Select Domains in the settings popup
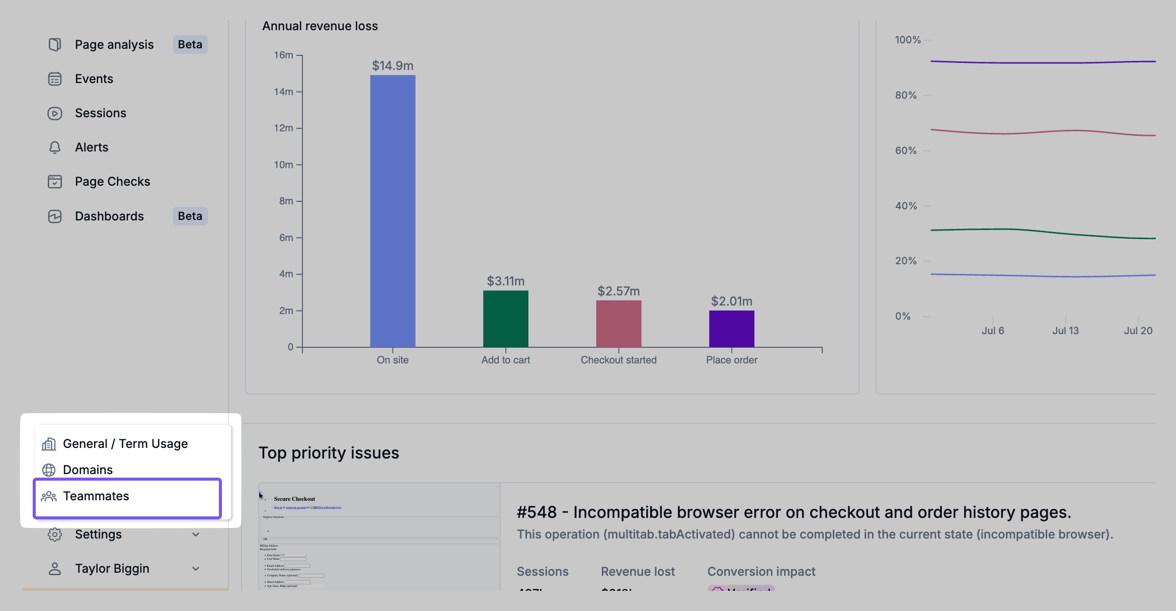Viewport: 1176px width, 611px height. pyautogui.click(x=88, y=470)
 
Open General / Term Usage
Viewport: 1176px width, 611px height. pyautogui.click(x=125, y=444)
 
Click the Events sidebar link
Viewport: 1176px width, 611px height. pyautogui.click(x=94, y=79)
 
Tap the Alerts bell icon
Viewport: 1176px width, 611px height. pyautogui.click(x=55, y=147)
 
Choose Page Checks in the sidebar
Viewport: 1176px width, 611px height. pyautogui.click(x=112, y=182)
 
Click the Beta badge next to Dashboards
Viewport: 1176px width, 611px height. pyautogui.click(x=190, y=216)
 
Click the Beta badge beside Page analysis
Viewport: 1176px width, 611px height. pyautogui.click(x=190, y=45)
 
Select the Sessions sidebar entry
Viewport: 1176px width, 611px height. pyautogui.click(x=100, y=113)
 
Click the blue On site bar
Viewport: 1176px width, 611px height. pyautogui.click(x=393, y=211)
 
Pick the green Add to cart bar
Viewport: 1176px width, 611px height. pyautogui.click(x=505, y=319)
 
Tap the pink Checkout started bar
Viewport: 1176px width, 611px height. pyautogui.click(x=618, y=324)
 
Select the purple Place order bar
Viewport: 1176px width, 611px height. pyautogui.click(x=731, y=329)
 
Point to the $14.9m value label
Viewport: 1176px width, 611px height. pyautogui.click(x=393, y=66)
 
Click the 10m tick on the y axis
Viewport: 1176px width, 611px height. pyautogui.click(x=283, y=165)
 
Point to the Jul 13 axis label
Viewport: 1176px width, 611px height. pyautogui.click(x=1065, y=331)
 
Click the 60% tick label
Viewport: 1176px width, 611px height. pyautogui.click(x=906, y=150)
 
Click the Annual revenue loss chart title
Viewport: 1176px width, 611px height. pyautogui.click(x=320, y=26)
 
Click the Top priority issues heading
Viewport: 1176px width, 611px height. pyautogui.click(x=329, y=453)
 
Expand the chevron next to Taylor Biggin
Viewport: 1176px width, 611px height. pyautogui.click(x=196, y=569)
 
